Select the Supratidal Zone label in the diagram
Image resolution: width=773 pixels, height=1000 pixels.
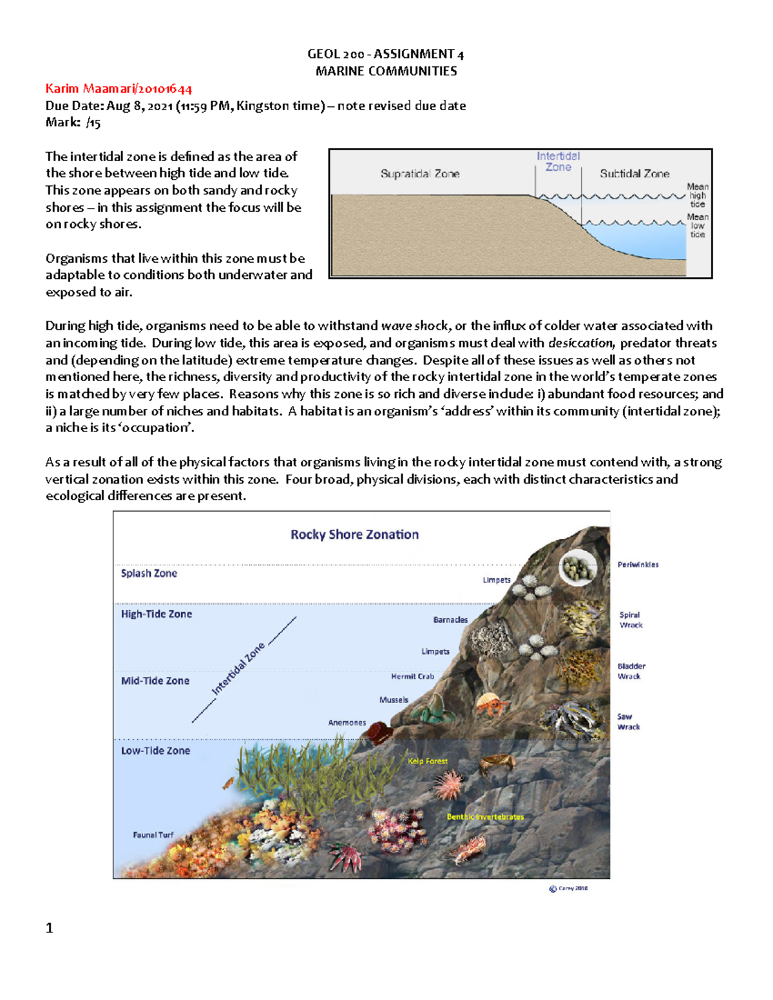click(x=420, y=174)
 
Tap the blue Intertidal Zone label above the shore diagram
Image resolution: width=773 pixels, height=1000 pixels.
click(x=558, y=162)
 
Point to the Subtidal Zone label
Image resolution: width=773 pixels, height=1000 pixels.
click(x=635, y=174)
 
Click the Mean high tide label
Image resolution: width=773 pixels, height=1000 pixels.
click(x=698, y=195)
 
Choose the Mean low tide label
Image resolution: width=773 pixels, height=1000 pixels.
click(x=698, y=225)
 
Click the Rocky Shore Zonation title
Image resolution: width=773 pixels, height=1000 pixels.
click(x=354, y=534)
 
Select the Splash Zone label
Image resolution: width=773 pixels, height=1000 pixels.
click(x=149, y=573)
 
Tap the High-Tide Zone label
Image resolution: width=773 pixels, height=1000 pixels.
click(x=157, y=614)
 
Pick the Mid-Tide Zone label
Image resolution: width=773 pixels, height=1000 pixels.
click(x=155, y=681)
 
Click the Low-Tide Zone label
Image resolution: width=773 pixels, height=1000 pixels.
click(x=155, y=751)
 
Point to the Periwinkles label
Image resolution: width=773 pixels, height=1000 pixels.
click(x=638, y=565)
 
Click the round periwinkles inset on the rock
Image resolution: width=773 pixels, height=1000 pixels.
click(x=577, y=567)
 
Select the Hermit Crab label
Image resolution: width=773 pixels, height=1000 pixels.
click(x=412, y=677)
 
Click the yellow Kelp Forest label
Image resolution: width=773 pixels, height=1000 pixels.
click(x=427, y=761)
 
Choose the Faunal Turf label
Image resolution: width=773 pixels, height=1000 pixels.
click(x=153, y=835)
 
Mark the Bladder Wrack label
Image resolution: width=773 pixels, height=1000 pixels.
click(x=631, y=671)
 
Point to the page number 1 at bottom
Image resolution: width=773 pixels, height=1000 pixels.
click(x=50, y=928)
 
